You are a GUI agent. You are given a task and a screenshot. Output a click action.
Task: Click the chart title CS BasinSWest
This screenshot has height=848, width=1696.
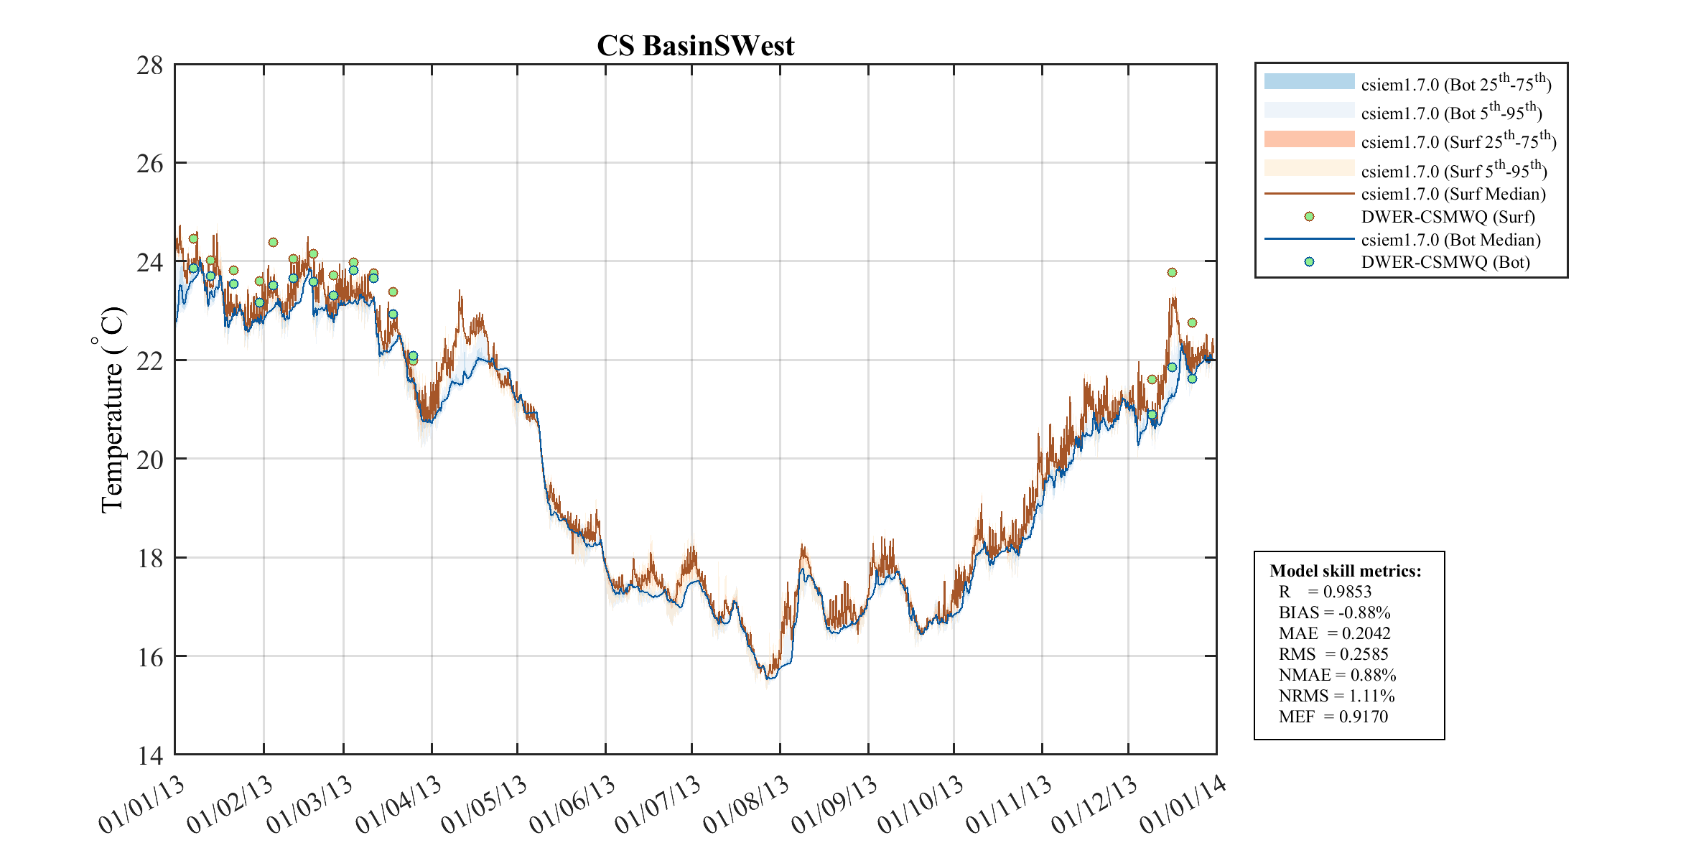[x=695, y=46]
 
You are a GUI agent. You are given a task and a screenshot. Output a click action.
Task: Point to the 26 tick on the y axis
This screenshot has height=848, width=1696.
[x=150, y=164]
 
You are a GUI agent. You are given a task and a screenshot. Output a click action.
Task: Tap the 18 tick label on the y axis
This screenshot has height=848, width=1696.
[x=150, y=558]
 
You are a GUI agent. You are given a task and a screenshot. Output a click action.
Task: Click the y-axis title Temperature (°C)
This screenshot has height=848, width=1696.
[x=111, y=409]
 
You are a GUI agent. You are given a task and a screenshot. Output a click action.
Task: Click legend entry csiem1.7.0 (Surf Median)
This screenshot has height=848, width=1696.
[x=1453, y=194]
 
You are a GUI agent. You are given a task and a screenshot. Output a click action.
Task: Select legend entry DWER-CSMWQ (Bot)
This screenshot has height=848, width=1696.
[x=1445, y=262]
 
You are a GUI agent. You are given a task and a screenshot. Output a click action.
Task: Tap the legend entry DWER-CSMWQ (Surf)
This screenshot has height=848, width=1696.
[x=1448, y=217]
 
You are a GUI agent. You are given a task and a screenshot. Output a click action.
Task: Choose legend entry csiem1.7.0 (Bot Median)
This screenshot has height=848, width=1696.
[x=1450, y=240]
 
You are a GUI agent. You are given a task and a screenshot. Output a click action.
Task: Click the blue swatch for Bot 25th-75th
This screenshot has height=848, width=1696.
[x=1309, y=82]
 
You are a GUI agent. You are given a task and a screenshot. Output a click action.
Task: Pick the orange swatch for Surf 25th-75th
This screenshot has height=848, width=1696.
[x=1309, y=139]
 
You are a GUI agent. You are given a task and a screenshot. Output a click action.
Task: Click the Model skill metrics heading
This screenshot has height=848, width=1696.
[x=1345, y=571]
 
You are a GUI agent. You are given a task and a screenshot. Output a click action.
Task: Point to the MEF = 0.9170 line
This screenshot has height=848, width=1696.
[x=1333, y=717]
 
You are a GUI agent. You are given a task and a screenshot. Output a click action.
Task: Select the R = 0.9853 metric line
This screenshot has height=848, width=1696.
[x=1325, y=592]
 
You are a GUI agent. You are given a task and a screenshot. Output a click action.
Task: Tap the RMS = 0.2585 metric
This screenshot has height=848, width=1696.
[x=1333, y=654]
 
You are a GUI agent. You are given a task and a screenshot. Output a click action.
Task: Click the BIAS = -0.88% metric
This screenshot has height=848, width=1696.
[x=1334, y=612]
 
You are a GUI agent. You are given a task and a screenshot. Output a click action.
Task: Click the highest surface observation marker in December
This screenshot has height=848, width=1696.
[x=1172, y=272]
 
